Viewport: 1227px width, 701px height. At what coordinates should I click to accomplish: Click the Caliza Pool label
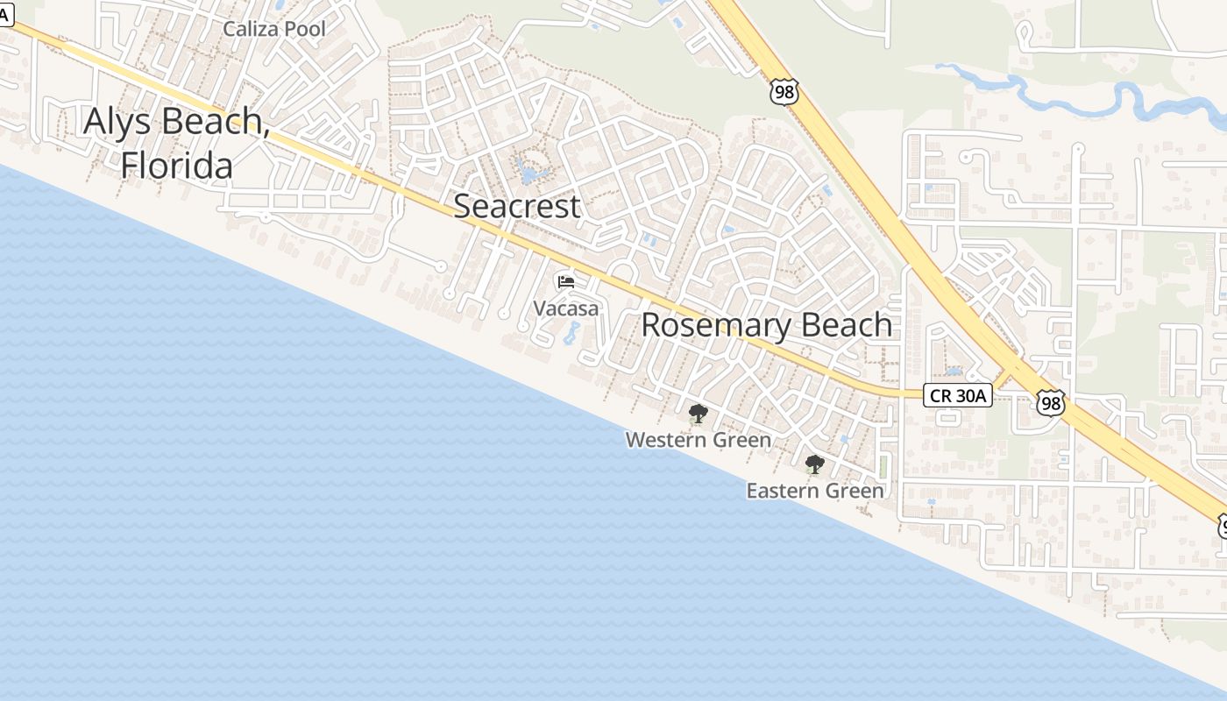(x=273, y=29)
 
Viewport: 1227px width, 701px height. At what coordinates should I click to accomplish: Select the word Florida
(x=176, y=166)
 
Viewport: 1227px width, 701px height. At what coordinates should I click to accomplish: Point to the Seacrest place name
(x=516, y=206)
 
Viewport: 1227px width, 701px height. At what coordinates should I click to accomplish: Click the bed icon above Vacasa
(x=566, y=282)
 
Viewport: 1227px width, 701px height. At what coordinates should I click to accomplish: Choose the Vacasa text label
(x=566, y=308)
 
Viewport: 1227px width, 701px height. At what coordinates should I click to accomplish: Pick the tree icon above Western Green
(x=698, y=414)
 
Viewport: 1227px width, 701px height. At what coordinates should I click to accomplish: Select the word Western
(x=665, y=440)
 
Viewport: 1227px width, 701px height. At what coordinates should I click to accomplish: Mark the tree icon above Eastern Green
(x=814, y=464)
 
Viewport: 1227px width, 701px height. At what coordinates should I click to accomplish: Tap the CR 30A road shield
(x=957, y=396)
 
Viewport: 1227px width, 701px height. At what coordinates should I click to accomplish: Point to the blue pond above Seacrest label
(x=528, y=173)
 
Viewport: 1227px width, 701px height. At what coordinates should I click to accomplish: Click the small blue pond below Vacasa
(x=572, y=333)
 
